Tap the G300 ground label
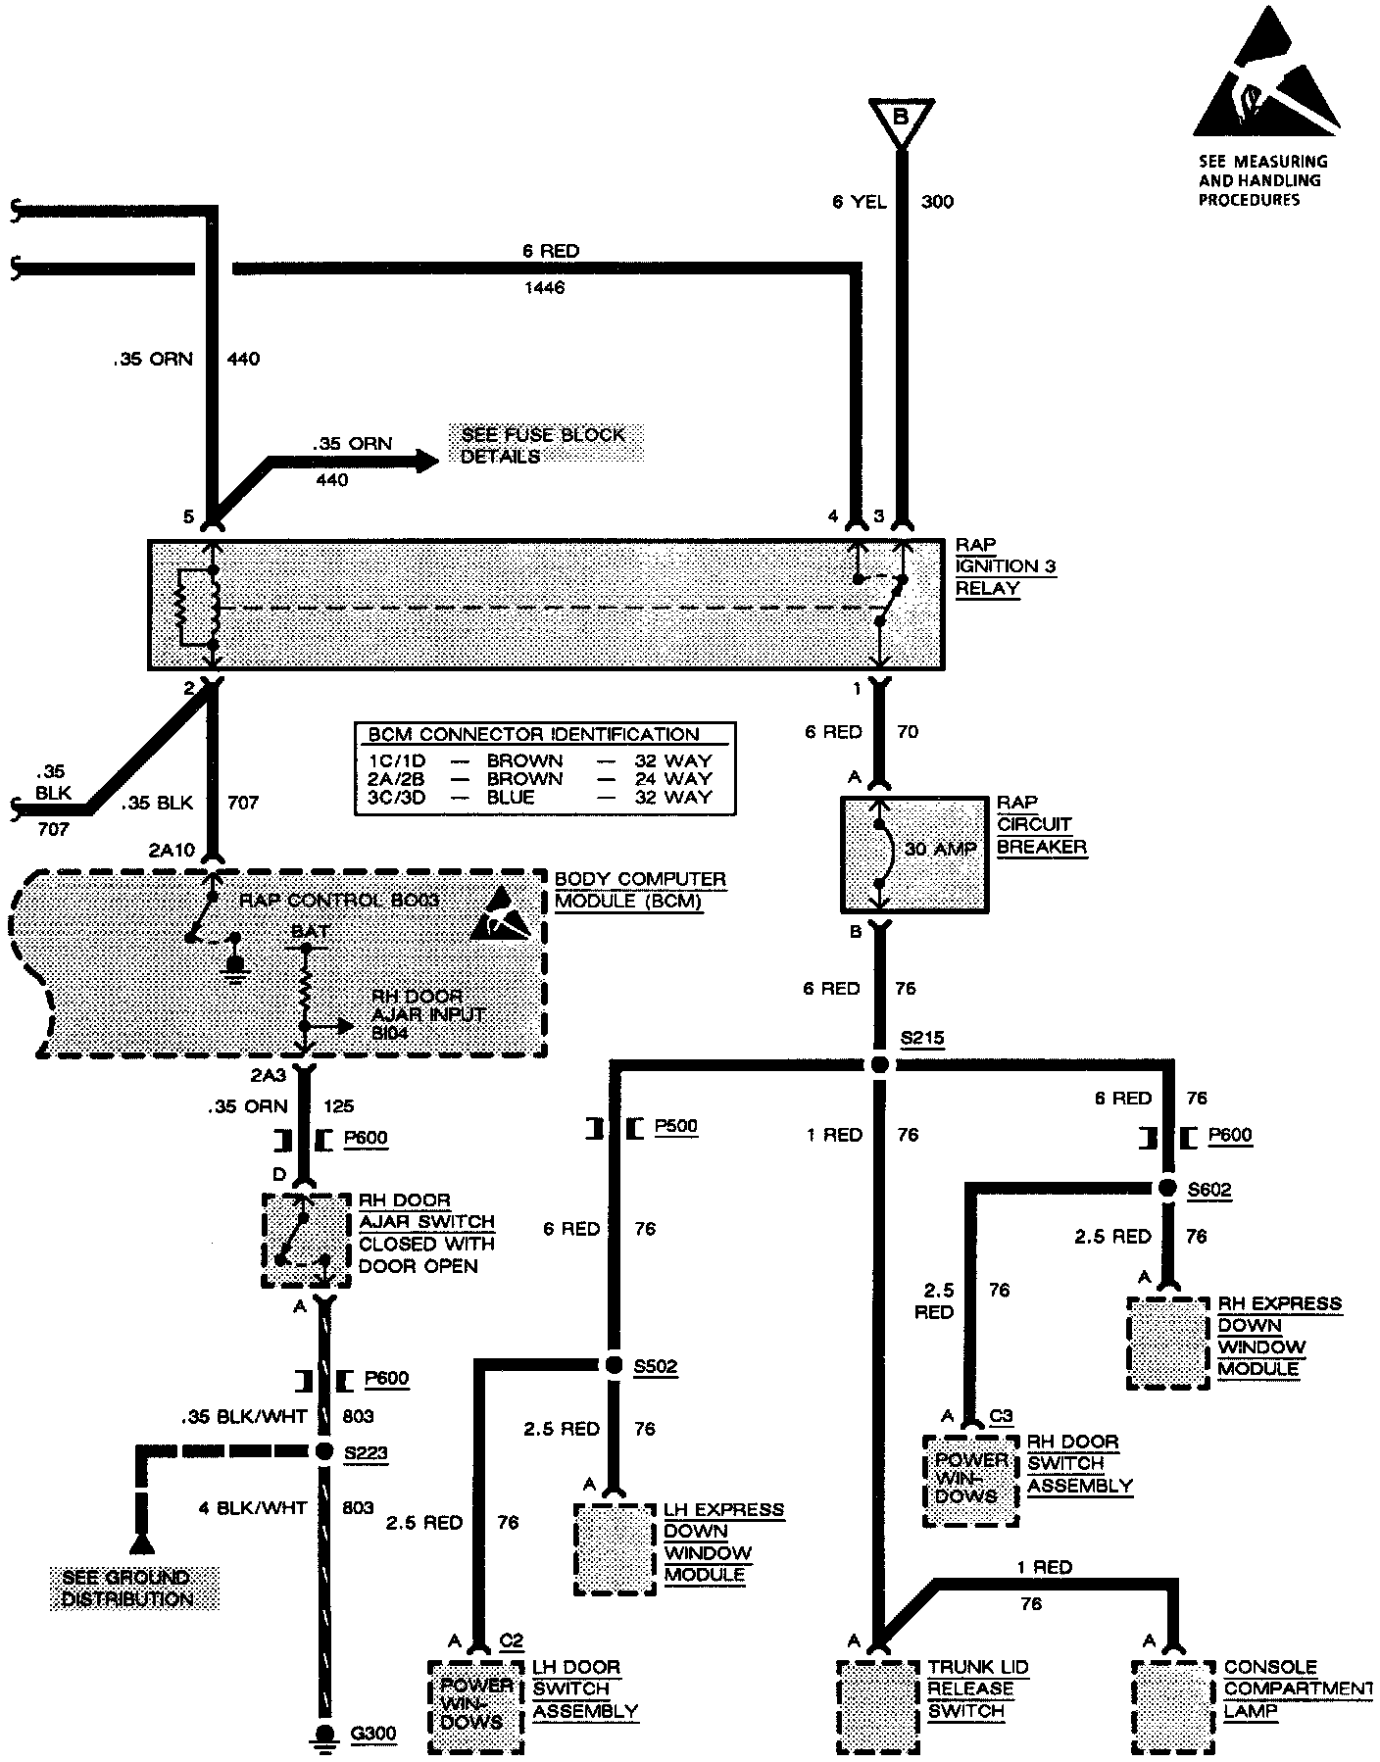point(373,1734)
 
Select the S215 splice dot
point(880,1064)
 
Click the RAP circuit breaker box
point(914,855)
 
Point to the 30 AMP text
point(941,849)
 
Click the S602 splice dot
point(1167,1188)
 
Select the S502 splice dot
point(614,1365)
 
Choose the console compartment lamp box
point(1173,1706)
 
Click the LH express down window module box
point(615,1549)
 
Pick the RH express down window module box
point(1168,1344)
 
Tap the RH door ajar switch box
point(306,1241)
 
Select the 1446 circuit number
point(544,288)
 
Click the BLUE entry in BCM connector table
point(511,797)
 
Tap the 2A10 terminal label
point(172,850)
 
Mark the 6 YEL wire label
point(859,202)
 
